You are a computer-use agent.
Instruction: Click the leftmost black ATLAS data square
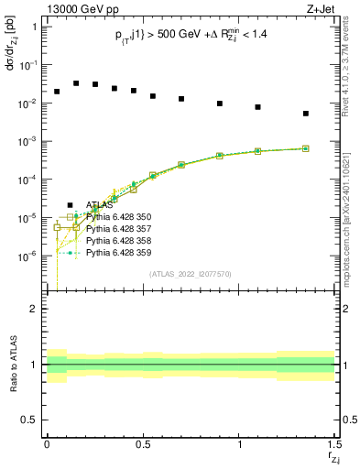pos(57,92)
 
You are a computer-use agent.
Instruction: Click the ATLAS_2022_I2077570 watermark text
pos(190,273)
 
